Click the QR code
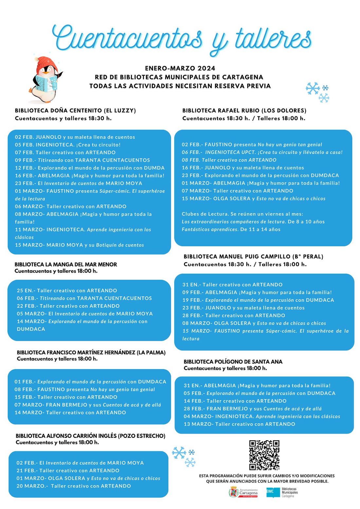[x=264, y=455]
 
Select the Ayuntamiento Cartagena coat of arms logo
[x=234, y=492]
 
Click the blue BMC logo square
[x=271, y=492]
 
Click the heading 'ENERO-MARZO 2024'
[x=180, y=68]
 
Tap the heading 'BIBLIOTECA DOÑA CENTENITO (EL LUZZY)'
[x=75, y=111]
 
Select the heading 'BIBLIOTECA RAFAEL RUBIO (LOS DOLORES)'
[x=244, y=111]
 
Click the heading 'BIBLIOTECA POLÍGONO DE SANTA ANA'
[x=233, y=361]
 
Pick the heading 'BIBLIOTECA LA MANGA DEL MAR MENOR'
[x=66, y=264]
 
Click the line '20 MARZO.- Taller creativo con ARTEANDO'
[x=74, y=486]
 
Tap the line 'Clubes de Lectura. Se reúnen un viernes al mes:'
[x=243, y=214]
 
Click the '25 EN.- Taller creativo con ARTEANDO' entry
[x=67, y=290]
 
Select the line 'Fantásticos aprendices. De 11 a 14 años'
[x=231, y=229]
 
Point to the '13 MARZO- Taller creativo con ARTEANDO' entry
[x=239, y=424]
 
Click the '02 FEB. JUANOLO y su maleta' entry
[x=75, y=137]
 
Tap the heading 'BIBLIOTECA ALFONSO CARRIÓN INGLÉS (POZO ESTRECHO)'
[x=90, y=436]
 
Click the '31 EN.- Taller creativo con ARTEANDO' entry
[x=232, y=285]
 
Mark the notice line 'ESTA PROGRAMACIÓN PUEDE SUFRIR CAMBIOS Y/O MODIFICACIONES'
[x=267, y=476]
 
